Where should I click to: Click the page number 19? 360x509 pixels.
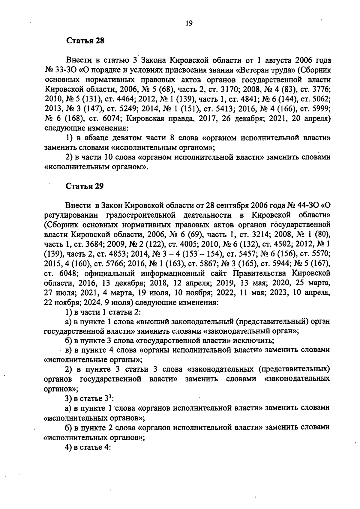coord(189,23)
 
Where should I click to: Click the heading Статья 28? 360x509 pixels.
coord(85,41)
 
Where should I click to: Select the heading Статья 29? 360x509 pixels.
coord(85,186)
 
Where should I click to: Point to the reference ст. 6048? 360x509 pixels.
coord(61,273)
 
